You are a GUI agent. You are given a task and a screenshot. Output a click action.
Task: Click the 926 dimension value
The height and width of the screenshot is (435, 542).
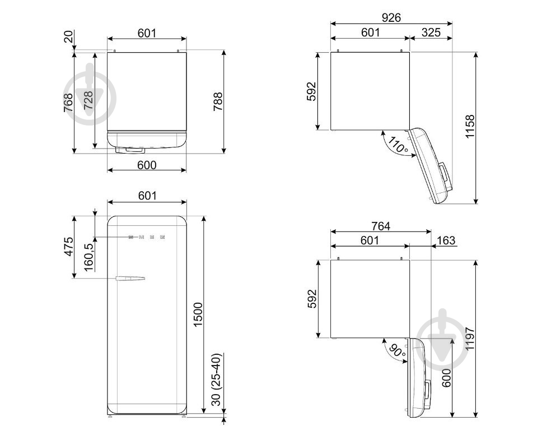pyautogui.click(x=391, y=17)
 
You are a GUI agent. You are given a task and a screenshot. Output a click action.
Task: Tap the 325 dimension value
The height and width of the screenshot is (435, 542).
pyautogui.click(x=431, y=33)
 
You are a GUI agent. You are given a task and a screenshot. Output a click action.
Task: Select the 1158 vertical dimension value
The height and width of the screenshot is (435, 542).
pyautogui.click(x=470, y=127)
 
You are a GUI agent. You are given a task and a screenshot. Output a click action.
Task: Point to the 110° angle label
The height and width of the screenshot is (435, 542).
pyautogui.click(x=398, y=145)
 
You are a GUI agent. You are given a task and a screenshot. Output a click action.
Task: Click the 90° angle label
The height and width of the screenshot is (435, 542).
pyautogui.click(x=397, y=351)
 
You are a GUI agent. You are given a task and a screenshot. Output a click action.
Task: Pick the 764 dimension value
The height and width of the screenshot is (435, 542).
pyautogui.click(x=381, y=226)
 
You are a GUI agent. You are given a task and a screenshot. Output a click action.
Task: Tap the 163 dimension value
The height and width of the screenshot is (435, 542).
pyautogui.click(x=446, y=240)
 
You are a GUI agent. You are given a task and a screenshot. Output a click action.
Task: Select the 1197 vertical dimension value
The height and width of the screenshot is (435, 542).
pyautogui.click(x=470, y=339)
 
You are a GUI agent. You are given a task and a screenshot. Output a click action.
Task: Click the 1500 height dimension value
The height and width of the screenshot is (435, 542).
pyautogui.click(x=198, y=314)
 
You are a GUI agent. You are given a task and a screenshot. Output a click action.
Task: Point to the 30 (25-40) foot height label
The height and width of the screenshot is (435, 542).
pyautogui.click(x=216, y=380)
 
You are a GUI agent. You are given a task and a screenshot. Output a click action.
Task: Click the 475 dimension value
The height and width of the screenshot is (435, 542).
pyautogui.click(x=69, y=247)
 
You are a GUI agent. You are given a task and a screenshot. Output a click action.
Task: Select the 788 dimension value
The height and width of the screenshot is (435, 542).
pyautogui.click(x=218, y=101)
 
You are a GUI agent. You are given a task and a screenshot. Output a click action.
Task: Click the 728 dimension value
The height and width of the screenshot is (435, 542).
pyautogui.click(x=88, y=100)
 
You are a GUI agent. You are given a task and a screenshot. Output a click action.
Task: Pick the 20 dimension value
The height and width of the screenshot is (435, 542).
pyautogui.click(x=69, y=36)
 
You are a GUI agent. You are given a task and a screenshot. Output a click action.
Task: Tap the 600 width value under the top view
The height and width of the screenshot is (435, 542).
pyautogui.click(x=147, y=165)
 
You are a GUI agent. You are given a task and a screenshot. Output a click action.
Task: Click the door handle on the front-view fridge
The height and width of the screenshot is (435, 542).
pyautogui.click(x=130, y=279)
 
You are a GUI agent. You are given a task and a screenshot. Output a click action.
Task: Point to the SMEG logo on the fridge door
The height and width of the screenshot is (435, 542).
pyautogui.click(x=147, y=237)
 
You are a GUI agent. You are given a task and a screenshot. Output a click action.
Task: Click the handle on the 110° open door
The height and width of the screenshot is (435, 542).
pyautogui.click(x=445, y=176)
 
